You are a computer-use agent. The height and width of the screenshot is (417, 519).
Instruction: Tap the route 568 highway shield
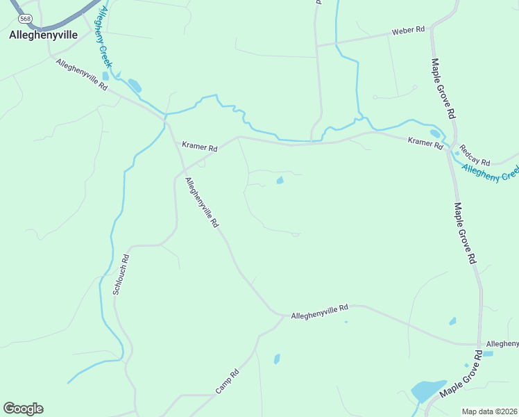[26, 18]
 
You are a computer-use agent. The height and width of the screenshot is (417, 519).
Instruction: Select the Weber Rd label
[408, 31]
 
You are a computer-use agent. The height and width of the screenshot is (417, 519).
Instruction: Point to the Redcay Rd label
[475, 156]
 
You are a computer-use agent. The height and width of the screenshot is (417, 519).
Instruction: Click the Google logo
[23, 409]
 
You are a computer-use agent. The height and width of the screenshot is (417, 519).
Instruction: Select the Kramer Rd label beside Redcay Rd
[425, 142]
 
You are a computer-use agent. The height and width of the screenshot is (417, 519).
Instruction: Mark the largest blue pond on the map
[428, 391]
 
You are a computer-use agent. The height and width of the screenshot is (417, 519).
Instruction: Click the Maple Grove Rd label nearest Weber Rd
[443, 88]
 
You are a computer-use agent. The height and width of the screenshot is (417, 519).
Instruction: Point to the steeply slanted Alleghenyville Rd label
[202, 202]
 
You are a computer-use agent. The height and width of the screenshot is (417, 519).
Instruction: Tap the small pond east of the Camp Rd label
[277, 359]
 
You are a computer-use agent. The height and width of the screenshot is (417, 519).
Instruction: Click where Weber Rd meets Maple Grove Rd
[432, 30]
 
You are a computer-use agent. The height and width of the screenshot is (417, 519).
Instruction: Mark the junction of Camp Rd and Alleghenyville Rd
[283, 317]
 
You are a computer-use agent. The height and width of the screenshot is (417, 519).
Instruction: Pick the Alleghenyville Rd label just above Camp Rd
[319, 311]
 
